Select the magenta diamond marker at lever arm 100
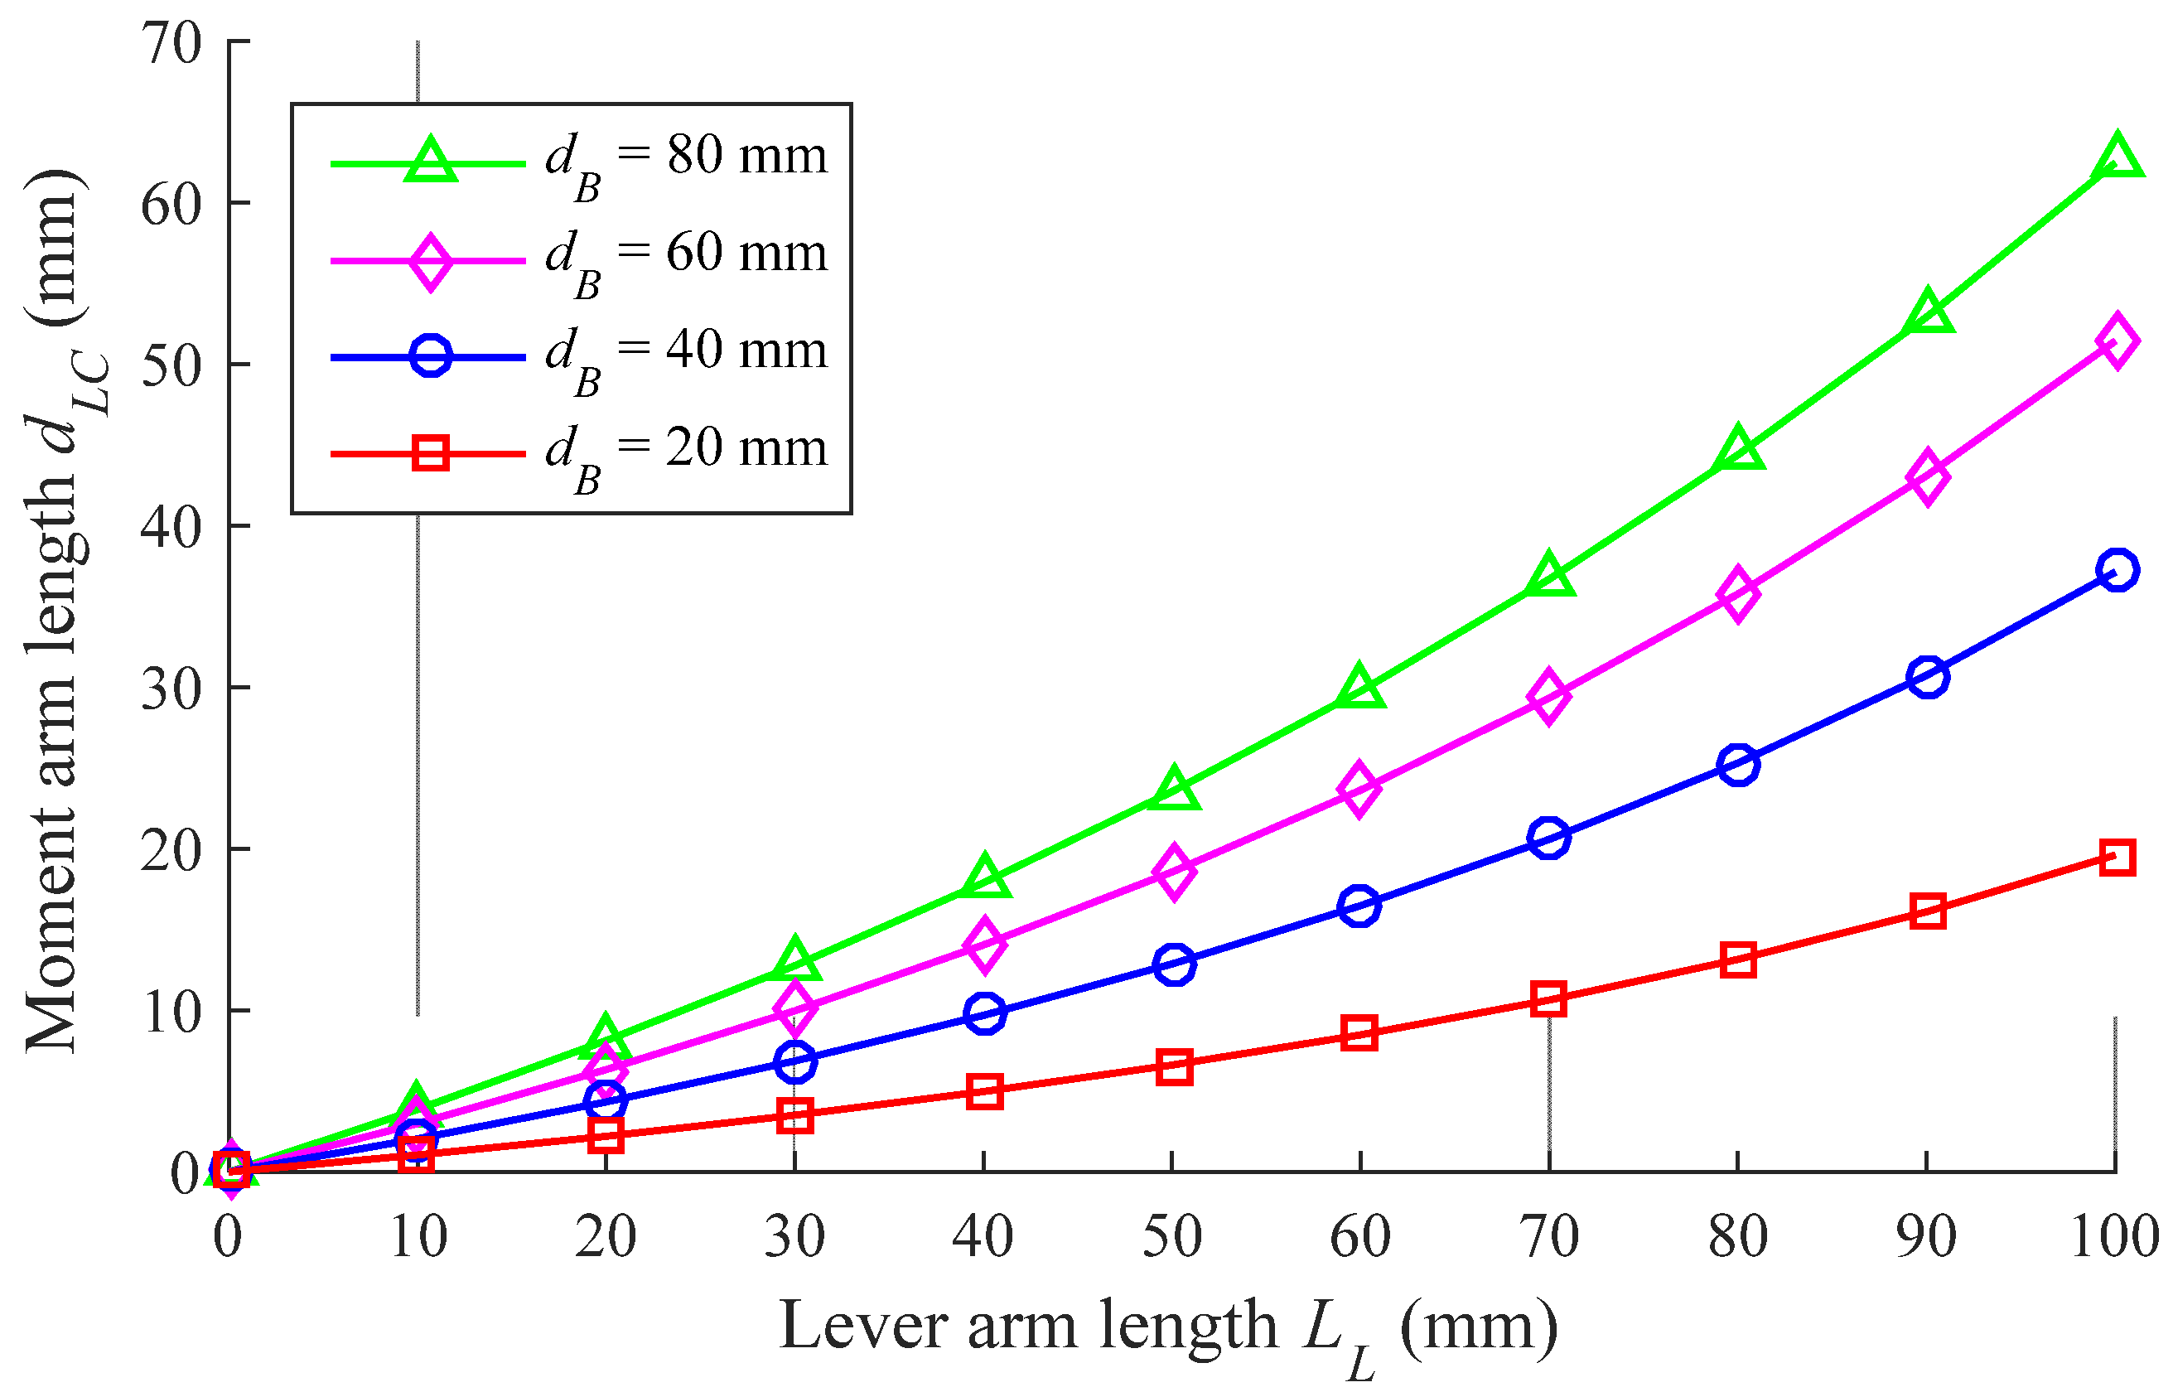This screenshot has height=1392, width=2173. [2117, 341]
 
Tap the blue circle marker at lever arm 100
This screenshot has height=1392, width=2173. [2117, 569]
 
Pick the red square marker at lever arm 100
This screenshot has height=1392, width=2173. [2117, 857]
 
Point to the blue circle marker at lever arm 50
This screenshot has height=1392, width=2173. [1174, 964]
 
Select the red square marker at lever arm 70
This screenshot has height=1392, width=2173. [1548, 998]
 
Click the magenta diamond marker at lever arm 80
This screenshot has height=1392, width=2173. [1738, 594]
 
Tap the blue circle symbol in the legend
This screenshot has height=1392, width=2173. [430, 356]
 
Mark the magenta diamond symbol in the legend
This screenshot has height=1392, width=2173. [430, 260]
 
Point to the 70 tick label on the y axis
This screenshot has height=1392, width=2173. [171, 42]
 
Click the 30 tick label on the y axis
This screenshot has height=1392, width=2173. [171, 689]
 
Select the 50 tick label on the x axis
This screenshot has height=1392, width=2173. [1172, 1237]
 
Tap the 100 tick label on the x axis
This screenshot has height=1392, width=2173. [2114, 1237]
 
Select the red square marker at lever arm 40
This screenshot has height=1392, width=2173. [984, 1091]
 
